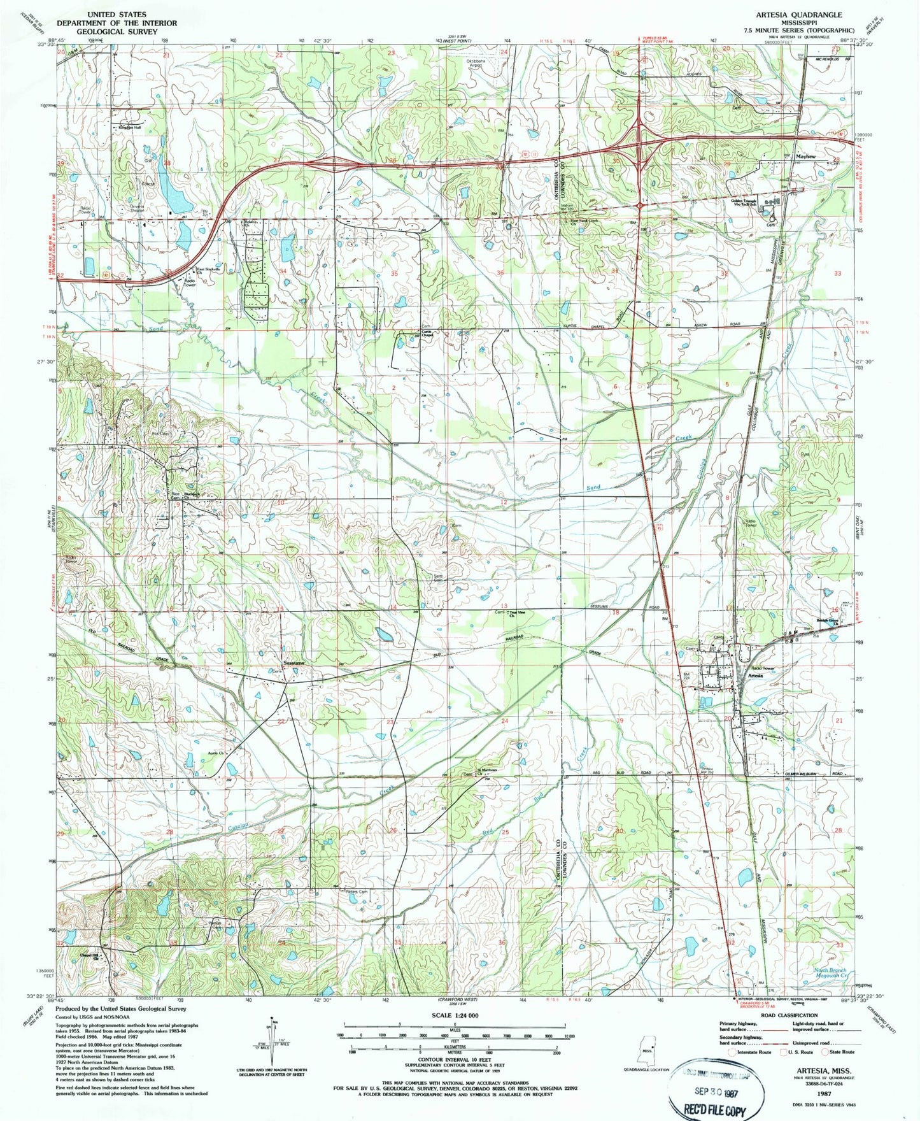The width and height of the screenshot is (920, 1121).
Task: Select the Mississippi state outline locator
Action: point(646,1052)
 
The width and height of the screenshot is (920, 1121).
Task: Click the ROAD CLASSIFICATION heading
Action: point(783,1016)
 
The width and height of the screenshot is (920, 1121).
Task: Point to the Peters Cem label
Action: point(357,892)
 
